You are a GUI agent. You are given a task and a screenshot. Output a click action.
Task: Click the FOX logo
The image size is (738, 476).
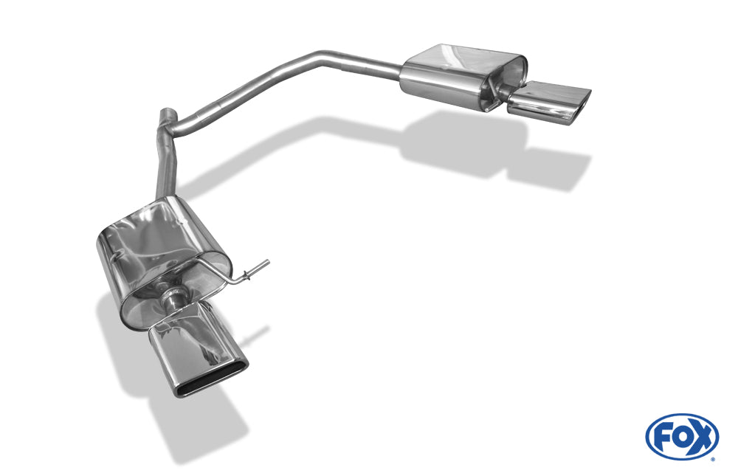[x=682, y=436]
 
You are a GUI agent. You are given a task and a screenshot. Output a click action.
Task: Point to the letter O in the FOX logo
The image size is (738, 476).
[x=681, y=438]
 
